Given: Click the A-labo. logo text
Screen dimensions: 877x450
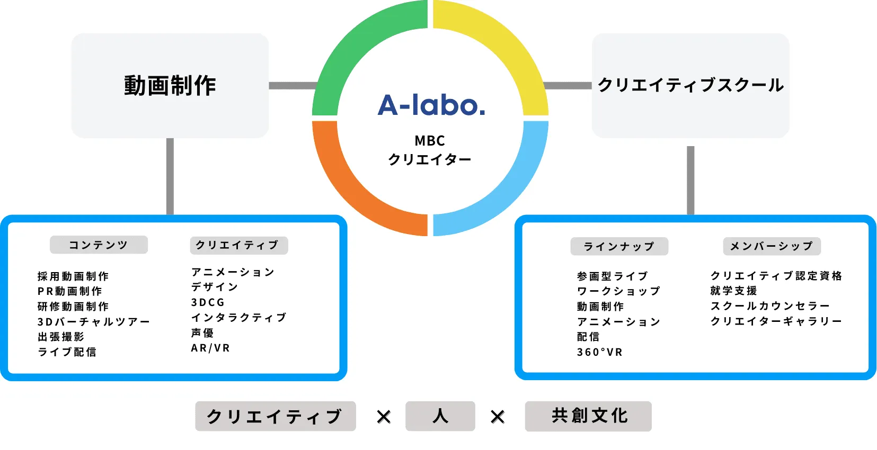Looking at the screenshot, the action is pyautogui.click(x=431, y=105).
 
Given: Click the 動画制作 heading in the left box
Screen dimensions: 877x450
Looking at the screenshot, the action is pyautogui.click(x=170, y=86).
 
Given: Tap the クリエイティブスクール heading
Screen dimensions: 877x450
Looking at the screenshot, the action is pyautogui.click(x=690, y=85).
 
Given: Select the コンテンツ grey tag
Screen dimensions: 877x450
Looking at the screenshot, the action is pyautogui.click(x=99, y=245).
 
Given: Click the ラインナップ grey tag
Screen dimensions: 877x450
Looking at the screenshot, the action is pyautogui.click(x=619, y=246).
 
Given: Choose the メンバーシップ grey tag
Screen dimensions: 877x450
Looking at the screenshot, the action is pyautogui.click(x=772, y=246).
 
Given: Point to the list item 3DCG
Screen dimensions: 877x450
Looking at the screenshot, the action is pyautogui.click(x=208, y=302).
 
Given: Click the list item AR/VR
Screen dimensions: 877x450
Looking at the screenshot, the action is pyautogui.click(x=210, y=348).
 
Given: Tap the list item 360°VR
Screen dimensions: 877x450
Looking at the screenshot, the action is pyautogui.click(x=599, y=352).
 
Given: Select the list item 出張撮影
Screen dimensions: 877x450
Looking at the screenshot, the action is pyautogui.click(x=61, y=337).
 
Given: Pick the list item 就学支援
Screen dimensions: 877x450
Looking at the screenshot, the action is pyautogui.click(x=734, y=291).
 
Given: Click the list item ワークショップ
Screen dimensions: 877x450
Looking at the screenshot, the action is pyautogui.click(x=619, y=291).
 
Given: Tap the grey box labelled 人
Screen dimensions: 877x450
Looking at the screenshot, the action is pyautogui.click(x=440, y=416).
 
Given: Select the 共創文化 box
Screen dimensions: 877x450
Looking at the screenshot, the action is pyautogui.click(x=588, y=416).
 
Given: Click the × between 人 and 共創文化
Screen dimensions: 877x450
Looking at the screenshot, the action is pyautogui.click(x=498, y=417).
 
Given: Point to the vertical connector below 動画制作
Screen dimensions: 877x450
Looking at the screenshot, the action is pyautogui.click(x=170, y=176).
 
